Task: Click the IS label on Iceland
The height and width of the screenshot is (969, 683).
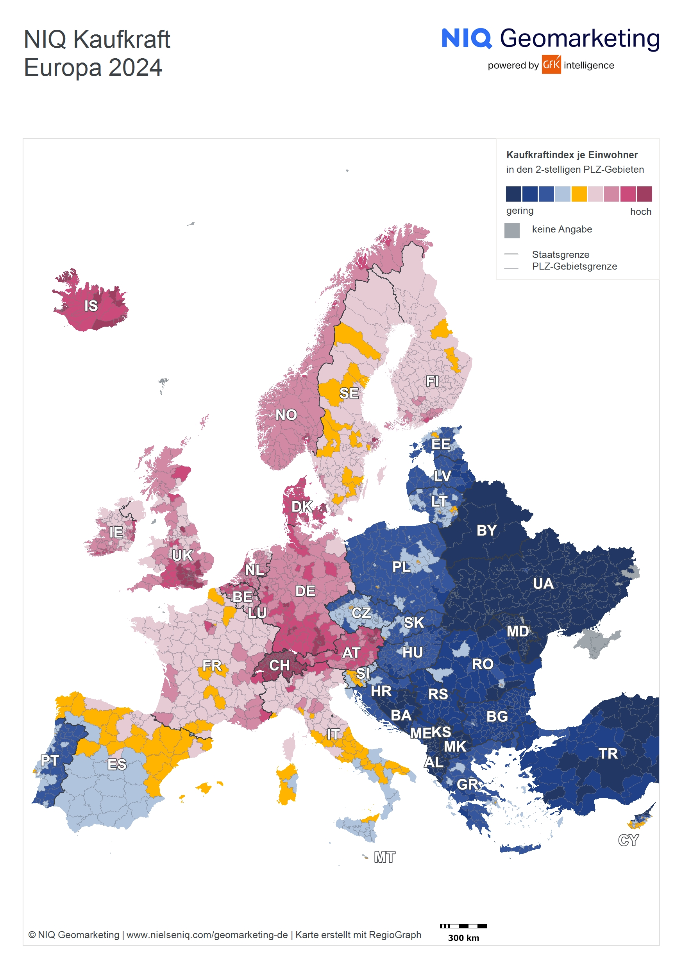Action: tap(91, 306)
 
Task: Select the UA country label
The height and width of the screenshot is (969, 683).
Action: tap(542, 584)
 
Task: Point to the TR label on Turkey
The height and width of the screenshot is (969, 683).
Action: tap(608, 753)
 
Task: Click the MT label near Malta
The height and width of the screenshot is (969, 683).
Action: tap(384, 857)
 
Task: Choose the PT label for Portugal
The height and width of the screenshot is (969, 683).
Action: tap(49, 760)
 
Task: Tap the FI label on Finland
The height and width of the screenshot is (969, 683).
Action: tap(432, 381)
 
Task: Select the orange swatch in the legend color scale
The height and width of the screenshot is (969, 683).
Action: tap(579, 194)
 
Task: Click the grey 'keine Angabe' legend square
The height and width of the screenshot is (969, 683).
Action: tap(511, 231)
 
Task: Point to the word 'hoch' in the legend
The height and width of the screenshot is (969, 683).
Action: tap(640, 211)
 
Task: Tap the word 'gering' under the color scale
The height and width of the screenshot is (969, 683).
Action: tap(519, 210)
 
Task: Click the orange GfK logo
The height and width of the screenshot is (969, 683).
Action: tap(551, 64)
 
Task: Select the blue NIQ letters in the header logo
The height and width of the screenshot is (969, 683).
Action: tap(466, 38)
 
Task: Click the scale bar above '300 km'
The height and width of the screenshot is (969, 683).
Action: tap(463, 926)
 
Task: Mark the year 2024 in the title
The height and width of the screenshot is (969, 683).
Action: tap(135, 68)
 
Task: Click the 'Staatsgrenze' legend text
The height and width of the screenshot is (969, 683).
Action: tap(560, 254)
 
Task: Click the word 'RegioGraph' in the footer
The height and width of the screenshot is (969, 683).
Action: tap(395, 935)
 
